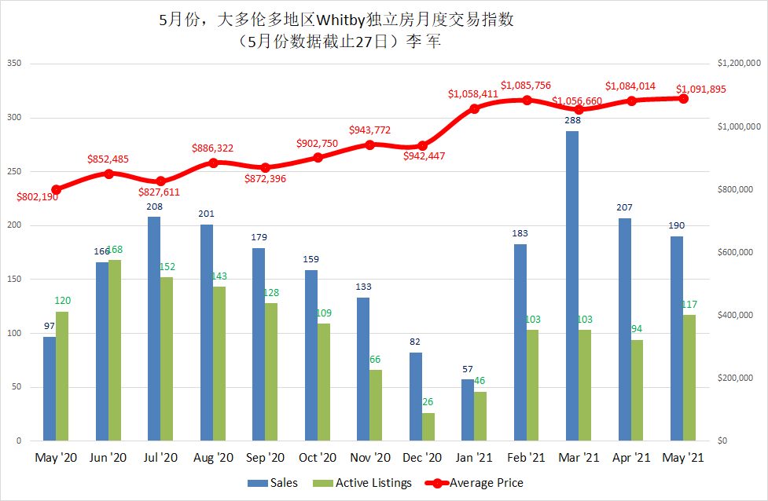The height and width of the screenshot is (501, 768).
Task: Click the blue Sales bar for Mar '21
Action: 572,286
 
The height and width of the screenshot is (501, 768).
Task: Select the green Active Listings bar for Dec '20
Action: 428,427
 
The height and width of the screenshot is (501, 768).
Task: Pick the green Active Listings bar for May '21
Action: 690,378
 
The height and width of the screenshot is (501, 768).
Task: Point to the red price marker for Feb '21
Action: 527,101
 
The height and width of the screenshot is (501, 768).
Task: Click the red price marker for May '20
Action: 56,189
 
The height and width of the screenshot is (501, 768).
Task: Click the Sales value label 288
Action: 572,121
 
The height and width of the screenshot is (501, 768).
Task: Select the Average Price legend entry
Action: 476,483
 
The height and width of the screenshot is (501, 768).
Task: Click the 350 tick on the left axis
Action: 13,64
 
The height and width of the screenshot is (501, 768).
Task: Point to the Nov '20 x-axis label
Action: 369,457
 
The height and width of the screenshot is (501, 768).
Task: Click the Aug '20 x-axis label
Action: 212,457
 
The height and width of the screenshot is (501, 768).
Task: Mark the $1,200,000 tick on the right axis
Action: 735,64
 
